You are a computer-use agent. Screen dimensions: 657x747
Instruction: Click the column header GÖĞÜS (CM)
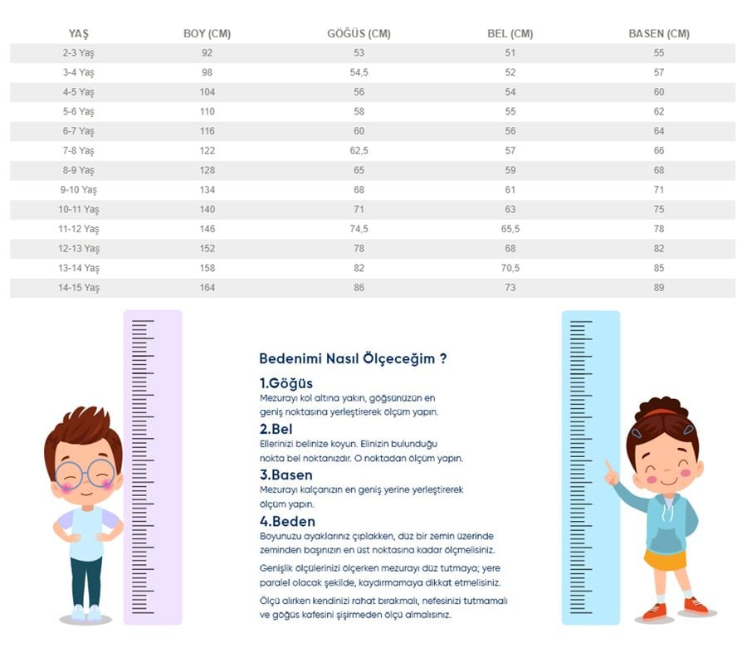click(x=359, y=34)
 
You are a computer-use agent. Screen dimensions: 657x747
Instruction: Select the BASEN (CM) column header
click(x=659, y=34)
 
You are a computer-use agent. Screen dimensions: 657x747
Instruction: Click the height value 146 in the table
click(x=207, y=229)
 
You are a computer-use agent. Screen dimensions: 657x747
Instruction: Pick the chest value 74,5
click(x=359, y=229)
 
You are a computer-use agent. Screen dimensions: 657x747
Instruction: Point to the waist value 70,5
click(x=510, y=268)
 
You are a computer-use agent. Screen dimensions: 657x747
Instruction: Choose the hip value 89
click(x=659, y=288)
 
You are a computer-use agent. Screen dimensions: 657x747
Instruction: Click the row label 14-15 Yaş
click(x=79, y=288)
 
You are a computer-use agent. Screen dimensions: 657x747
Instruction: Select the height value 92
click(x=207, y=53)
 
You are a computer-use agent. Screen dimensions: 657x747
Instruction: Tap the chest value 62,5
click(x=359, y=151)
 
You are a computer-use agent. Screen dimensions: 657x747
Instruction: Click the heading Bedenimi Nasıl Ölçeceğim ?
click(x=354, y=359)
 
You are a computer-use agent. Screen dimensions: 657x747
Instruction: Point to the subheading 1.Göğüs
click(x=286, y=383)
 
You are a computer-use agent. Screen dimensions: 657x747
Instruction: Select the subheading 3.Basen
click(x=286, y=475)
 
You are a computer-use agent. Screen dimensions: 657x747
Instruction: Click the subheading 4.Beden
click(x=287, y=522)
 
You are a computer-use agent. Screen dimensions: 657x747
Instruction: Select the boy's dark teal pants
click(x=86, y=581)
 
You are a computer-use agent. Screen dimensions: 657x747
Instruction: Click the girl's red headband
click(x=662, y=413)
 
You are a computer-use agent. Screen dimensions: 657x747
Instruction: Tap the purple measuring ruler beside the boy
click(x=153, y=465)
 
